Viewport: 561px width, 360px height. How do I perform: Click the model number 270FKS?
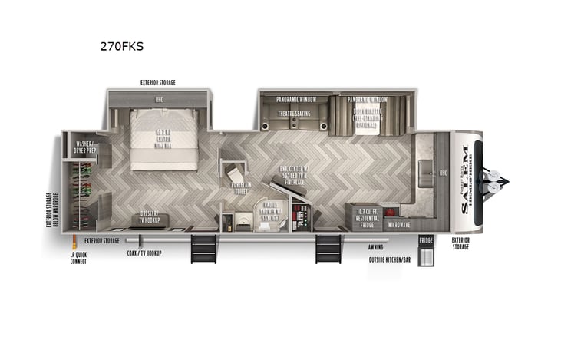coord(121,46)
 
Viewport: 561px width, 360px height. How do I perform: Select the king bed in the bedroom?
coord(164,138)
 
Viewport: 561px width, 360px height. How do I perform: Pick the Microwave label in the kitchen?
coord(398,224)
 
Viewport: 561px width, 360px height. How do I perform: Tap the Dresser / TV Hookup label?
coord(153,220)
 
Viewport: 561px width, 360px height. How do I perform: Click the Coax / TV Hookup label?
coord(145,253)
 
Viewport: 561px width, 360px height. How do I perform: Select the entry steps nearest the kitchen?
coord(328,248)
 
